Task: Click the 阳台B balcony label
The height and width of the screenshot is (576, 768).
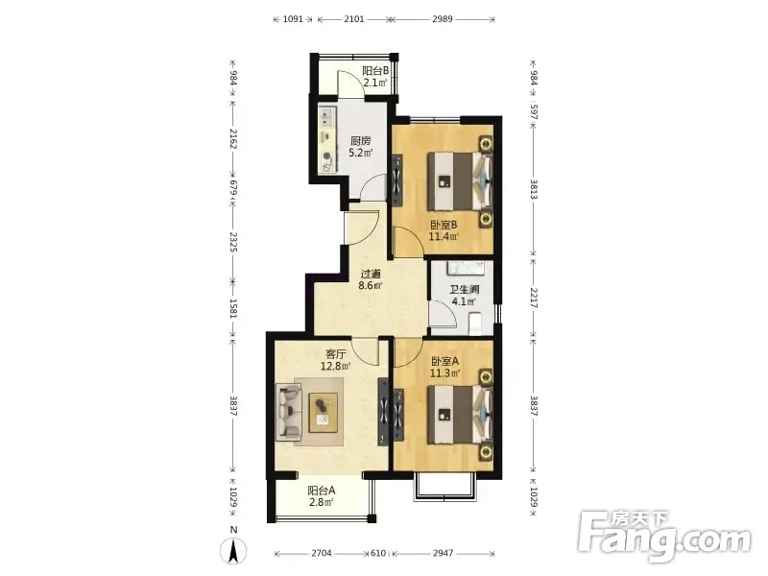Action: [x=375, y=70]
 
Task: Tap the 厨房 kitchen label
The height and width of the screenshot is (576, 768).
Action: [x=361, y=141]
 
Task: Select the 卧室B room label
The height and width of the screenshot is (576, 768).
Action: [x=444, y=226]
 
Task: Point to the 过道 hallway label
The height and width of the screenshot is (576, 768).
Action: [x=371, y=275]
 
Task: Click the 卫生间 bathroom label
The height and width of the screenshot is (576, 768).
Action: [x=464, y=290]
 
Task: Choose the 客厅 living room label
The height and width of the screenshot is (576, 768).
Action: [x=336, y=354]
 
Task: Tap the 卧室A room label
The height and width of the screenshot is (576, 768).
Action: [x=444, y=362]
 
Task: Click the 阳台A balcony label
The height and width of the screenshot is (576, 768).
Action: [x=322, y=491]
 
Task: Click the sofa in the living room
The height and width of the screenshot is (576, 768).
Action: [x=288, y=411]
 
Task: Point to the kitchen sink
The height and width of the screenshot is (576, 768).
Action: [x=326, y=118]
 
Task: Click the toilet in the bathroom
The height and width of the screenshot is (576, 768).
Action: [x=475, y=324]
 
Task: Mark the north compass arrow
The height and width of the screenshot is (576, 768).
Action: [x=234, y=551]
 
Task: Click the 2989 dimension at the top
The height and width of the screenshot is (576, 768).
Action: [x=443, y=19]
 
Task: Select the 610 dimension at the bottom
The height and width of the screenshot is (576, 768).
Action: [x=378, y=553]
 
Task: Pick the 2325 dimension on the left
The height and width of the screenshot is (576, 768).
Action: [x=233, y=243]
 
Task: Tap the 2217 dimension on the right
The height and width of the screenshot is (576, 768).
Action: [x=534, y=298]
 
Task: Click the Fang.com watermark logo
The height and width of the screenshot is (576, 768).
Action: [x=664, y=536]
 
